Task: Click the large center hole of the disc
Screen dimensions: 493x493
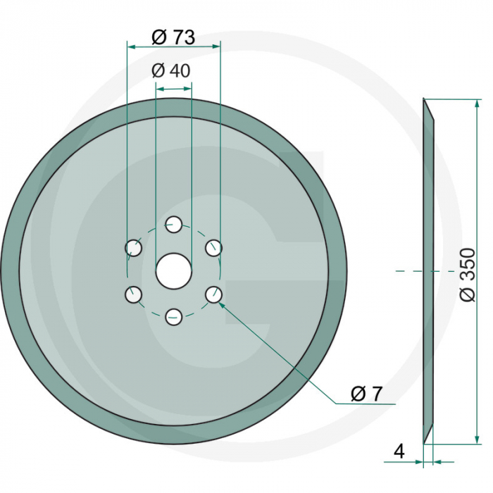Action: click(x=173, y=271)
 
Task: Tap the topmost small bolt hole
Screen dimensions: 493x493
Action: click(x=173, y=225)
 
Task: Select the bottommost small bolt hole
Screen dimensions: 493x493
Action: click(x=173, y=318)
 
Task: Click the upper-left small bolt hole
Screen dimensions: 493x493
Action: click(x=132, y=247)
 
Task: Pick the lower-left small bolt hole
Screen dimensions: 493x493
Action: click(x=132, y=294)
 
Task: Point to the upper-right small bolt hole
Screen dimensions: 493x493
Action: click(x=214, y=247)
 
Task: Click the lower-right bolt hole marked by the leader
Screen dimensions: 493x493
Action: click(x=214, y=294)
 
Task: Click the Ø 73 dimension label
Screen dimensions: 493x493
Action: click(x=173, y=38)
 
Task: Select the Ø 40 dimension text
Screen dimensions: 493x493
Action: click(x=171, y=71)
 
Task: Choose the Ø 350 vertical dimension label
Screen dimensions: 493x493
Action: click(x=468, y=275)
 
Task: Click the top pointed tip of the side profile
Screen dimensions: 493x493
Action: click(x=424, y=100)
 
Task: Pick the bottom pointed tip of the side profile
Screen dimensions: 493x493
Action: click(x=424, y=444)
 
